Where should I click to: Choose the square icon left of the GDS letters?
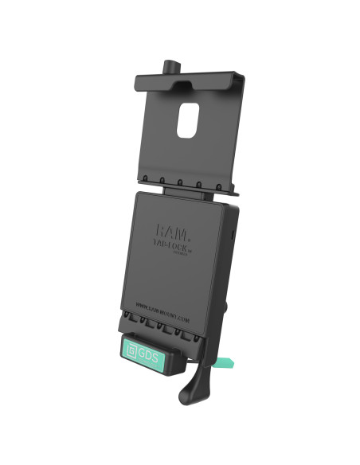click(131, 348)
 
